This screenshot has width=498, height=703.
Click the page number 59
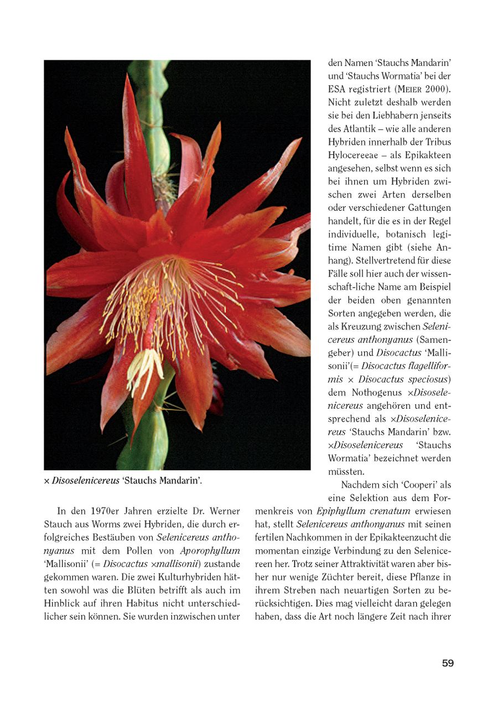coord(448,663)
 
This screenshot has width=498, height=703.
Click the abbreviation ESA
coord(337,89)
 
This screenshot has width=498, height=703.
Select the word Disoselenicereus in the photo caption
coord(85,481)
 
